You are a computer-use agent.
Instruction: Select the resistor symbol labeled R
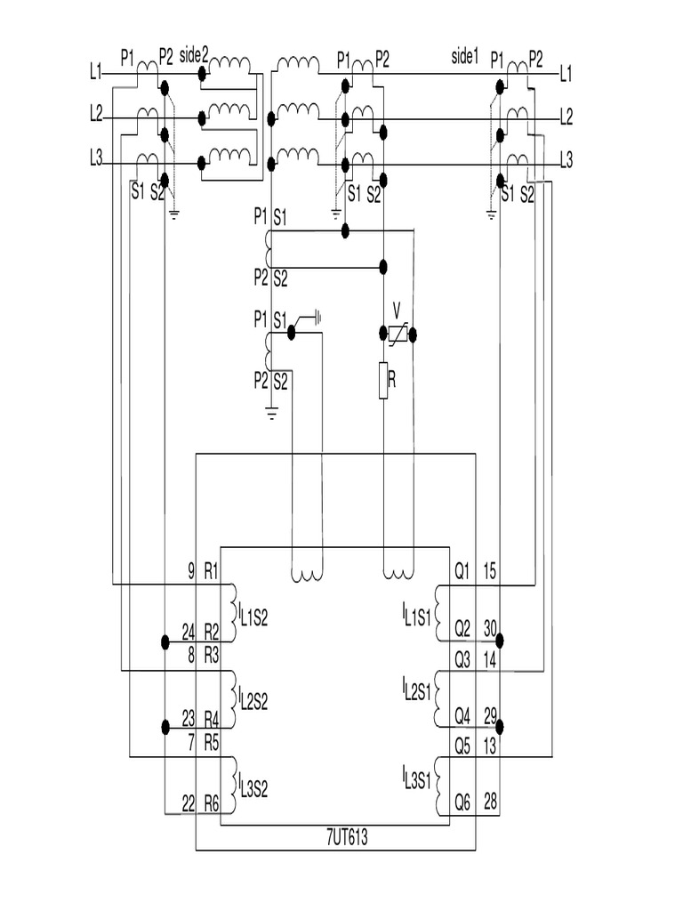pyautogui.click(x=383, y=381)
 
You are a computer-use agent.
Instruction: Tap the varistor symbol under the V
pyautogui.click(x=398, y=334)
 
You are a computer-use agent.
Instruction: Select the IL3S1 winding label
pyautogui.click(x=416, y=779)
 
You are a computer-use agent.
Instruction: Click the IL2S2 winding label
pyautogui.click(x=253, y=697)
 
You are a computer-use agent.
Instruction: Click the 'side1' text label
pyautogui.click(x=465, y=57)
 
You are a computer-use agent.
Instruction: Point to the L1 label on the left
pyautogui.click(x=97, y=74)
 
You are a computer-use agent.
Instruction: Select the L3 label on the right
pyautogui.click(x=566, y=159)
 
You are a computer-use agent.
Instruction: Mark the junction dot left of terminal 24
pyautogui.click(x=165, y=641)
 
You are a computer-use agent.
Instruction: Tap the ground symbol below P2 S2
pyautogui.click(x=272, y=411)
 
